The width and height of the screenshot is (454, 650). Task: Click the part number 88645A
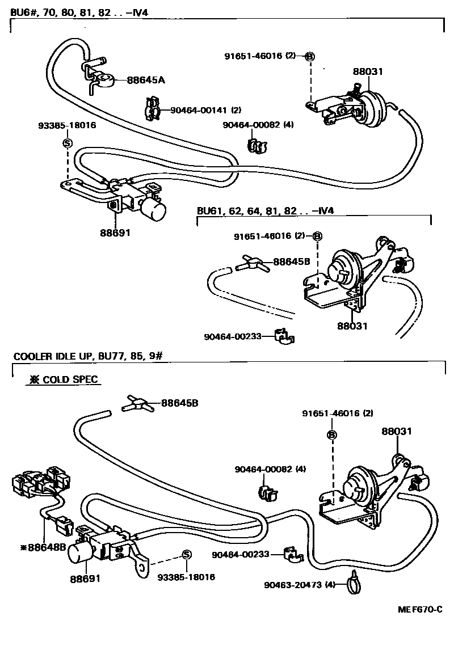[146, 80]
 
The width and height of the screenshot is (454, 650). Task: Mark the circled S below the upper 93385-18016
[67, 143]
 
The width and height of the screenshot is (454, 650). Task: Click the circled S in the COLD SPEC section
[185, 554]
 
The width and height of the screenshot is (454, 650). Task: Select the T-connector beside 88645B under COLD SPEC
[137, 404]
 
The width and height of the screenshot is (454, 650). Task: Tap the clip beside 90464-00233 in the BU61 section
[282, 336]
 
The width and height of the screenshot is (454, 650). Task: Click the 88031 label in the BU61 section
[353, 326]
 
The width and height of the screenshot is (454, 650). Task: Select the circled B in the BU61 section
[317, 235]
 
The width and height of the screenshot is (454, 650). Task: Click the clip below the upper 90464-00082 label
[258, 145]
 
